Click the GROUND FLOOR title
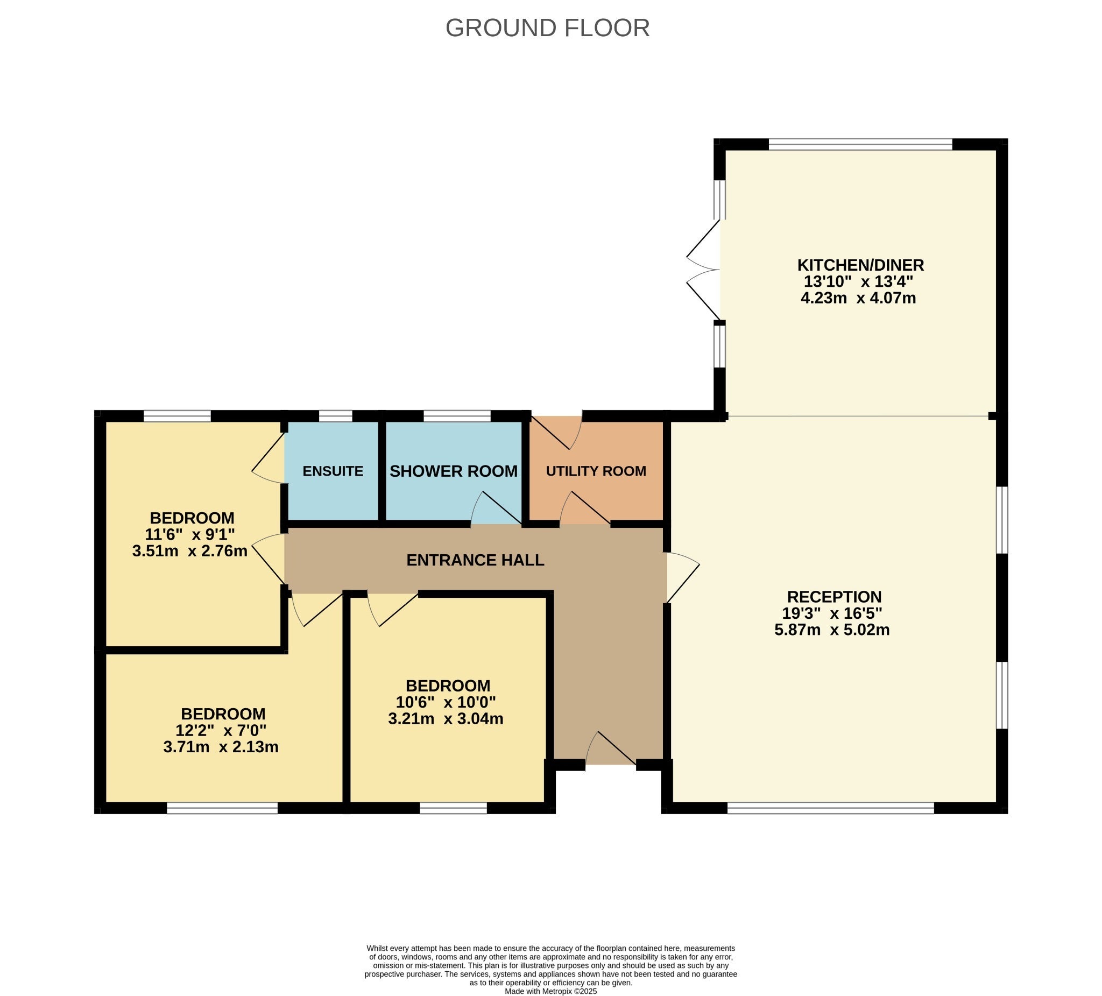click(x=547, y=28)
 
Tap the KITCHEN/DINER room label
click(x=860, y=265)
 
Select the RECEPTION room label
click(x=834, y=596)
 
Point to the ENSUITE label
click(x=333, y=471)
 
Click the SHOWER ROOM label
click(x=453, y=471)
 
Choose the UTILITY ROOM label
click(x=596, y=471)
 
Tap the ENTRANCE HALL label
click(x=475, y=560)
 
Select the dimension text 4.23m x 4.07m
click(x=858, y=298)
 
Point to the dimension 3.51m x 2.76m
click(x=190, y=550)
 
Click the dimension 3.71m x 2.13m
click(x=221, y=746)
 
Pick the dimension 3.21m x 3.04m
click(x=446, y=718)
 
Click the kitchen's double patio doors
click(x=704, y=270)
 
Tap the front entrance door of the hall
click(x=611, y=748)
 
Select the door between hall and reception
click(x=683, y=578)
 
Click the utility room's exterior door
click(x=556, y=433)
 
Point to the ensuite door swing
click(x=269, y=457)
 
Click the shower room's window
click(x=457, y=416)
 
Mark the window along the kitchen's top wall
click(x=860, y=144)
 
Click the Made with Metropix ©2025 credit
click(x=550, y=991)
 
